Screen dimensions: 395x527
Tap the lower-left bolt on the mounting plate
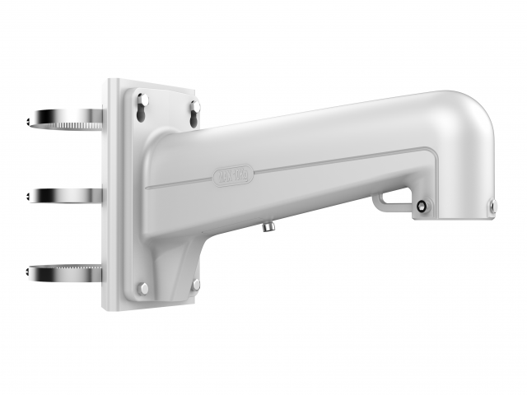coord(143,288)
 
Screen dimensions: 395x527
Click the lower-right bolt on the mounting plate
coord(196,284)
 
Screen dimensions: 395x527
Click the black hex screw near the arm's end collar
coord(422,207)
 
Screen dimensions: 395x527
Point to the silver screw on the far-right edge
coord(492,206)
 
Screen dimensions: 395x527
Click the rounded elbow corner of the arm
coord(473,115)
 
